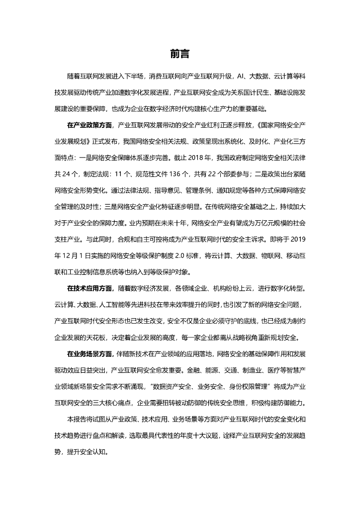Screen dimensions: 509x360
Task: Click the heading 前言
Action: (180, 54)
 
